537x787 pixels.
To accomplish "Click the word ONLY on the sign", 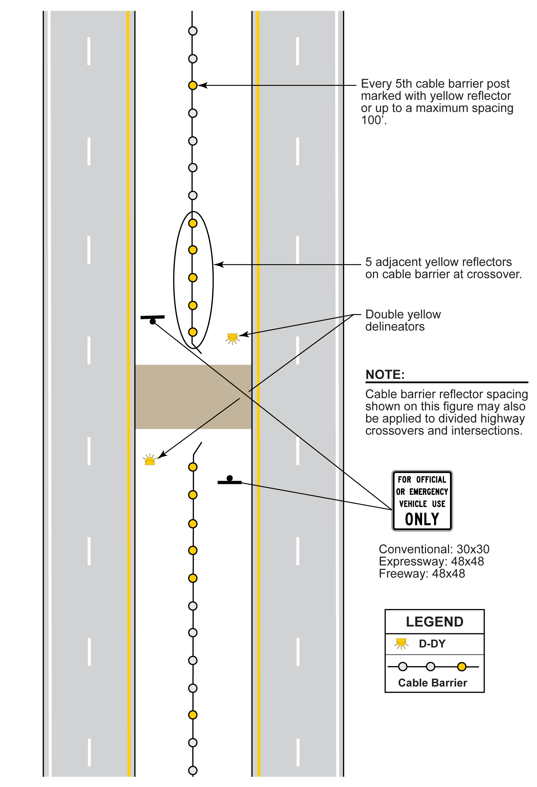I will [x=422, y=519].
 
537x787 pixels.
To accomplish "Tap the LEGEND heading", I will [x=434, y=622].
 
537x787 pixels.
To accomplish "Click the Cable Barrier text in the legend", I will [x=432, y=683].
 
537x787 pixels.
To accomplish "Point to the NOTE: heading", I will [x=385, y=374].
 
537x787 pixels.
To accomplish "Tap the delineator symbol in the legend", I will [x=401, y=643].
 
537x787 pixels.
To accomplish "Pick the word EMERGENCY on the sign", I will [x=428, y=492].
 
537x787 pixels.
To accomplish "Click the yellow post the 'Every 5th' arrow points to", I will [x=193, y=85].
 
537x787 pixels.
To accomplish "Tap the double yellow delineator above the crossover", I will [x=233, y=338].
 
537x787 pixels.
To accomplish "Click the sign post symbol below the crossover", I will [x=230, y=480].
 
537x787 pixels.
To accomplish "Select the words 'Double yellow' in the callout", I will [x=403, y=314].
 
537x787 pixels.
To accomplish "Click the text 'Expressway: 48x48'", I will [x=431, y=561].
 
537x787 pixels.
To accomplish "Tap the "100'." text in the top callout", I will [x=374, y=120].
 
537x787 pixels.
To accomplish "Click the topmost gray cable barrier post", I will [x=193, y=31].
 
